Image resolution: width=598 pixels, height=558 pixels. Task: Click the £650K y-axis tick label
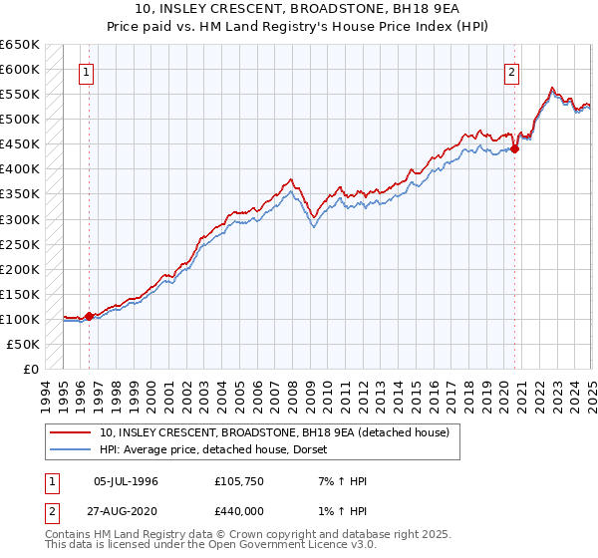[20, 45]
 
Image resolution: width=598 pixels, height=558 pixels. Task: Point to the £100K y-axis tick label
[20, 319]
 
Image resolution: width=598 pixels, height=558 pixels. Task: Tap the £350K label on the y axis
[20, 194]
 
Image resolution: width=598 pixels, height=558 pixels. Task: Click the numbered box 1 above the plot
[87, 72]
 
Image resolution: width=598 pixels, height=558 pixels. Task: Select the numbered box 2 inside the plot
[511, 72]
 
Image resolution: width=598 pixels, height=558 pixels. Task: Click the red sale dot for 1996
[89, 316]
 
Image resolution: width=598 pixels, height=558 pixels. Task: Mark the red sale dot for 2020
[515, 149]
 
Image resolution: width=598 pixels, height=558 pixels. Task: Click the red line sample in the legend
[71, 432]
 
